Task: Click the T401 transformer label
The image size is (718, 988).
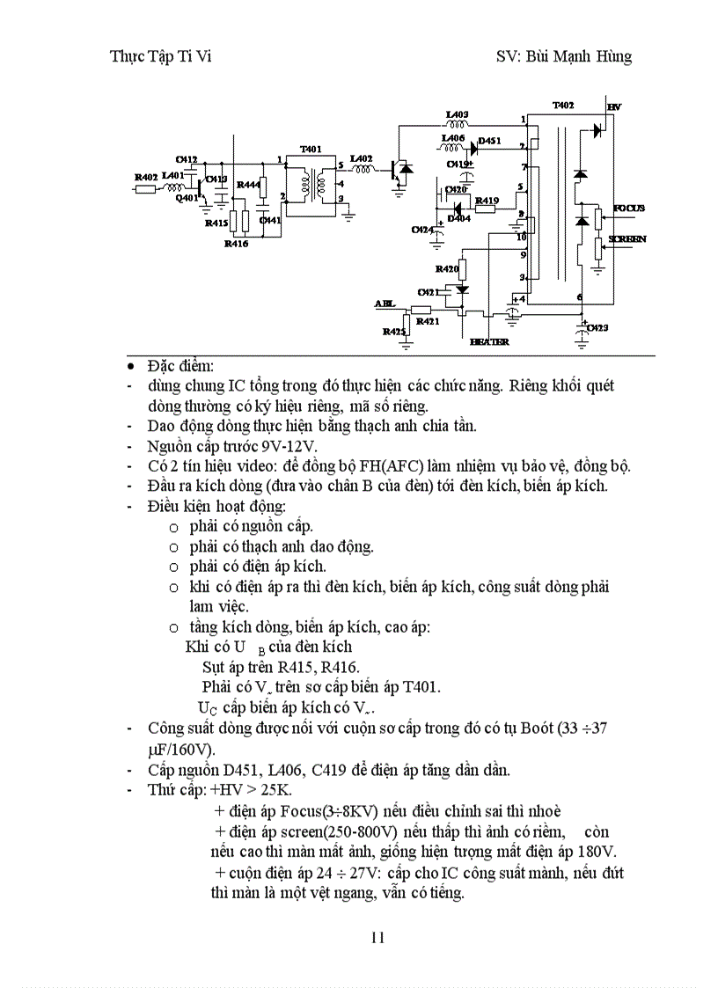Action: (x=311, y=149)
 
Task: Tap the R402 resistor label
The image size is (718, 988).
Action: (x=145, y=177)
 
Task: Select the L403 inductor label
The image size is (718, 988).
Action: (x=457, y=114)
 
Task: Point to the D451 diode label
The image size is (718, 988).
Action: (x=490, y=141)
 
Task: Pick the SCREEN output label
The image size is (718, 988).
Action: (x=628, y=238)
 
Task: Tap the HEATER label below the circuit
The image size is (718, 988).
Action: (x=489, y=341)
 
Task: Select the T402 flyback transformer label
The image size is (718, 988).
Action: (x=563, y=105)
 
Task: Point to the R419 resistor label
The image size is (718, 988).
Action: (x=487, y=201)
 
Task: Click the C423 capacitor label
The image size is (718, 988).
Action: (x=598, y=327)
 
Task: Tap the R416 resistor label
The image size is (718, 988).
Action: (x=236, y=244)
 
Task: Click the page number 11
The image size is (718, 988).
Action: (x=377, y=936)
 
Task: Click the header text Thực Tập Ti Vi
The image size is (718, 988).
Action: (x=160, y=56)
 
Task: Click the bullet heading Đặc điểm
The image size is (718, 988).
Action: (x=174, y=366)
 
